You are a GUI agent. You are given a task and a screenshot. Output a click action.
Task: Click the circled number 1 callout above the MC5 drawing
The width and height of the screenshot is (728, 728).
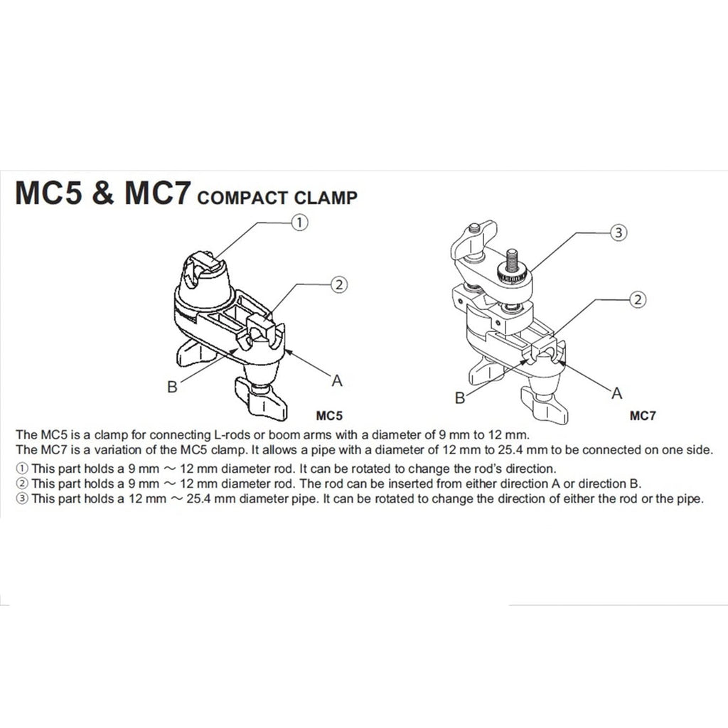[299, 223]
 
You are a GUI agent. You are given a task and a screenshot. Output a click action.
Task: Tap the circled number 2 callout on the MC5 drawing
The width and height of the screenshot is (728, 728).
[339, 284]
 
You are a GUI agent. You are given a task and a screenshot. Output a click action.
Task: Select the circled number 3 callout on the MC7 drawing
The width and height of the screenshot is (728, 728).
[618, 232]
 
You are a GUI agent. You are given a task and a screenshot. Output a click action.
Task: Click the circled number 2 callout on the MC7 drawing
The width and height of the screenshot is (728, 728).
[638, 299]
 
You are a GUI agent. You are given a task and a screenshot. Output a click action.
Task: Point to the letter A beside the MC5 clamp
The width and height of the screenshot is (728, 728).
[337, 381]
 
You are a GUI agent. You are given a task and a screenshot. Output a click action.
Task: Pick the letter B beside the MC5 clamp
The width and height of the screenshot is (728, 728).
[172, 386]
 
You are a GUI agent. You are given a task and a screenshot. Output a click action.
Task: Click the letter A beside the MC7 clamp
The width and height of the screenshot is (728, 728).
[616, 393]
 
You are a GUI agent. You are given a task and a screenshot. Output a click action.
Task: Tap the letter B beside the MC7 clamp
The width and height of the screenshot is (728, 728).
[460, 398]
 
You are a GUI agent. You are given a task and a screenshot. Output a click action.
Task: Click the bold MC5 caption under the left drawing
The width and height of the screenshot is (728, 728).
[329, 415]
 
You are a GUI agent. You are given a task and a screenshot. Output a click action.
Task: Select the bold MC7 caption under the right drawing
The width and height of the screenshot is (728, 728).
[643, 415]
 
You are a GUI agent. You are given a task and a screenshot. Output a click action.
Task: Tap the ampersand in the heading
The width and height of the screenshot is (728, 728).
[103, 193]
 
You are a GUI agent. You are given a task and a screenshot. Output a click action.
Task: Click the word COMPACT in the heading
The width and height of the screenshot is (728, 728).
[242, 198]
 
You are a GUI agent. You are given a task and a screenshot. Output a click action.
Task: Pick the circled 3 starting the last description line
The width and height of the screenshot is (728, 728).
[21, 498]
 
